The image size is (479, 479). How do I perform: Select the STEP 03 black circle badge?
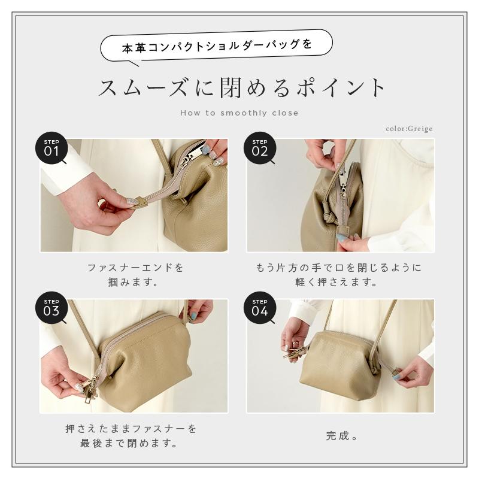51,308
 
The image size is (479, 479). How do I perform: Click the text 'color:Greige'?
409,128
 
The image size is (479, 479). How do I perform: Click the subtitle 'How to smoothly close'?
239,113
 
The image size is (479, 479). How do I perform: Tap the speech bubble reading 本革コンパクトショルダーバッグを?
217,46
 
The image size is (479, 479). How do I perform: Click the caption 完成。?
342,436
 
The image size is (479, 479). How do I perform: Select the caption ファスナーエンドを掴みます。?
135,274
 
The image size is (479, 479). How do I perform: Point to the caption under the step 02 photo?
341,274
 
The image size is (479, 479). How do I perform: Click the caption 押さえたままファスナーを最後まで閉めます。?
131,436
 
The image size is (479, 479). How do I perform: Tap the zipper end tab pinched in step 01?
139,202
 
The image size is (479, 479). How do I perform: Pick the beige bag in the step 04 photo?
344,365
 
